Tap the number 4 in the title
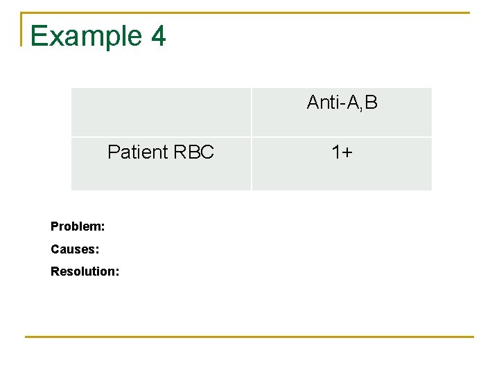[x=157, y=36]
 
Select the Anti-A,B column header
[x=342, y=103]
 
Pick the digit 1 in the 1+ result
[x=336, y=152]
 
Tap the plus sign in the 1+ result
[x=347, y=152]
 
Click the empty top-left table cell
[x=161, y=112]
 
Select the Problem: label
[x=78, y=226]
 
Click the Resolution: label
[x=85, y=271]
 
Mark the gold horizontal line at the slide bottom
[x=249, y=337]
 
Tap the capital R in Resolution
[x=55, y=271]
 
